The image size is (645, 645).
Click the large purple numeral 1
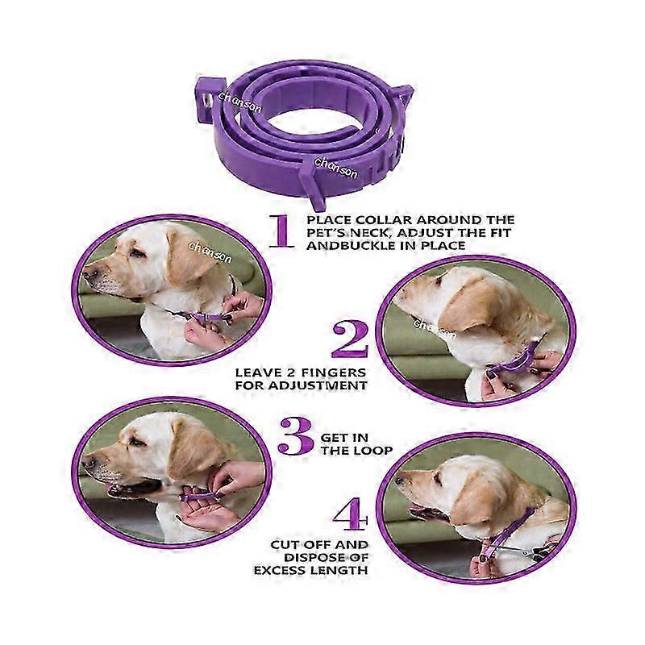click(x=281, y=231)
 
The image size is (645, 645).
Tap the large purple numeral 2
click(x=350, y=339)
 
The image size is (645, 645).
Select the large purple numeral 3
click(x=295, y=436)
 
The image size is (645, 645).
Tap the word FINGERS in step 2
click(x=333, y=373)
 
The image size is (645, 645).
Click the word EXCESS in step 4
click(x=279, y=571)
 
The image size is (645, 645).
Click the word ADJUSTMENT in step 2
click(x=317, y=386)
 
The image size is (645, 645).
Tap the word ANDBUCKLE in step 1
click(x=351, y=246)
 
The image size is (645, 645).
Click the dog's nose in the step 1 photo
click(x=89, y=273)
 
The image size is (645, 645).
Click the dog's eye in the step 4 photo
click(x=436, y=477)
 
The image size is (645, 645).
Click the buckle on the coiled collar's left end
click(x=205, y=99)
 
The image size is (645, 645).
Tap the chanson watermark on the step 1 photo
click(x=210, y=252)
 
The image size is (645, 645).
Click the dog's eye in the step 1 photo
click(x=137, y=253)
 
